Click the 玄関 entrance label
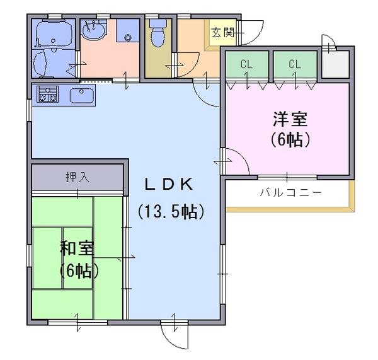tap(223, 33)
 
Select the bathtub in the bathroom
tap(54, 34)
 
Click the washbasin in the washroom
tap(93, 30)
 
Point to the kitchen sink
tap(82, 95)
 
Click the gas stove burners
tap(47, 94)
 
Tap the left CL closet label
tap(246, 64)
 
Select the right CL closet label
tap(295, 64)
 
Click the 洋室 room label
tap(290, 119)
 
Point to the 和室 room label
tap(77, 248)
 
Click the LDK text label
tap(168, 184)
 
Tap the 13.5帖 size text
tap(171, 212)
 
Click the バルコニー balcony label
tap(290, 192)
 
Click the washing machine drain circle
tap(127, 37)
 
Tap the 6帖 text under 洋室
tap(290, 139)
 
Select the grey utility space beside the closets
tap(336, 64)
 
